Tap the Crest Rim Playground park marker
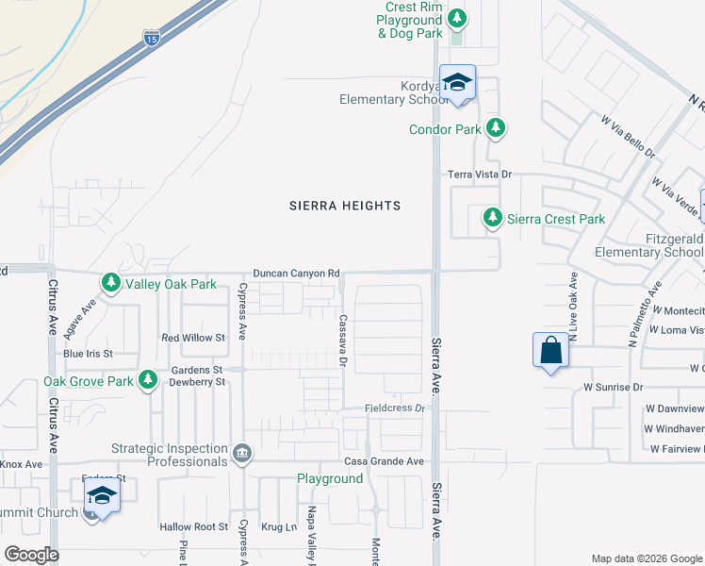click(457, 18)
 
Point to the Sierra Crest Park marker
click(492, 219)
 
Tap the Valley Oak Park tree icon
click(111, 283)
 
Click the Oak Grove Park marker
click(148, 380)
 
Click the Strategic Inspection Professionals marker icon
click(243, 455)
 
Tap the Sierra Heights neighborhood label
click(345, 206)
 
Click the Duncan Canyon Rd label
click(296, 274)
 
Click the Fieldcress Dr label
click(397, 408)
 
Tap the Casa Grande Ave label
click(384, 461)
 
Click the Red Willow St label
click(193, 338)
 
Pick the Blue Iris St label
click(88, 354)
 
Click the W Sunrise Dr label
click(613, 387)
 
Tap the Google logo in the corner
click(31, 555)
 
